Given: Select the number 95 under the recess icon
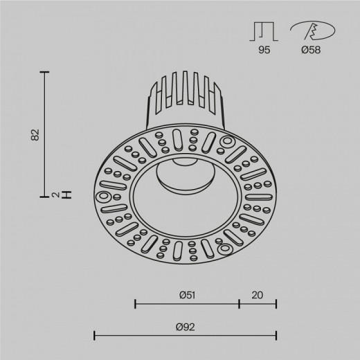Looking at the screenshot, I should (x=264, y=49).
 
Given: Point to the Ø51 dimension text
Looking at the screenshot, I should (x=186, y=294).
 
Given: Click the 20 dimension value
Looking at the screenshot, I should (x=258, y=294).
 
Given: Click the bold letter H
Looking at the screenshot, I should (x=66, y=195).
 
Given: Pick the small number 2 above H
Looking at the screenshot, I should (x=55, y=195).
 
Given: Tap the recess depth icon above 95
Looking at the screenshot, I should (x=264, y=30).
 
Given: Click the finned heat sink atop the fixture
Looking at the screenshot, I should (x=183, y=97).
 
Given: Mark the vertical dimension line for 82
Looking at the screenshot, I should (x=46, y=132).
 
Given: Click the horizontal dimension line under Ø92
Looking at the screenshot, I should (x=186, y=336).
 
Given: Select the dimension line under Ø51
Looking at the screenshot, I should (x=187, y=303).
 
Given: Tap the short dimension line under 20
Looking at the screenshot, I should (x=258, y=303).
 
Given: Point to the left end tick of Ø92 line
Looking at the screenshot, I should (x=95, y=336).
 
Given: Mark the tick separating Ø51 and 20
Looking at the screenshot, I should (x=240, y=303).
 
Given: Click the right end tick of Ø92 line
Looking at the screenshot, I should (x=276, y=336).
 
